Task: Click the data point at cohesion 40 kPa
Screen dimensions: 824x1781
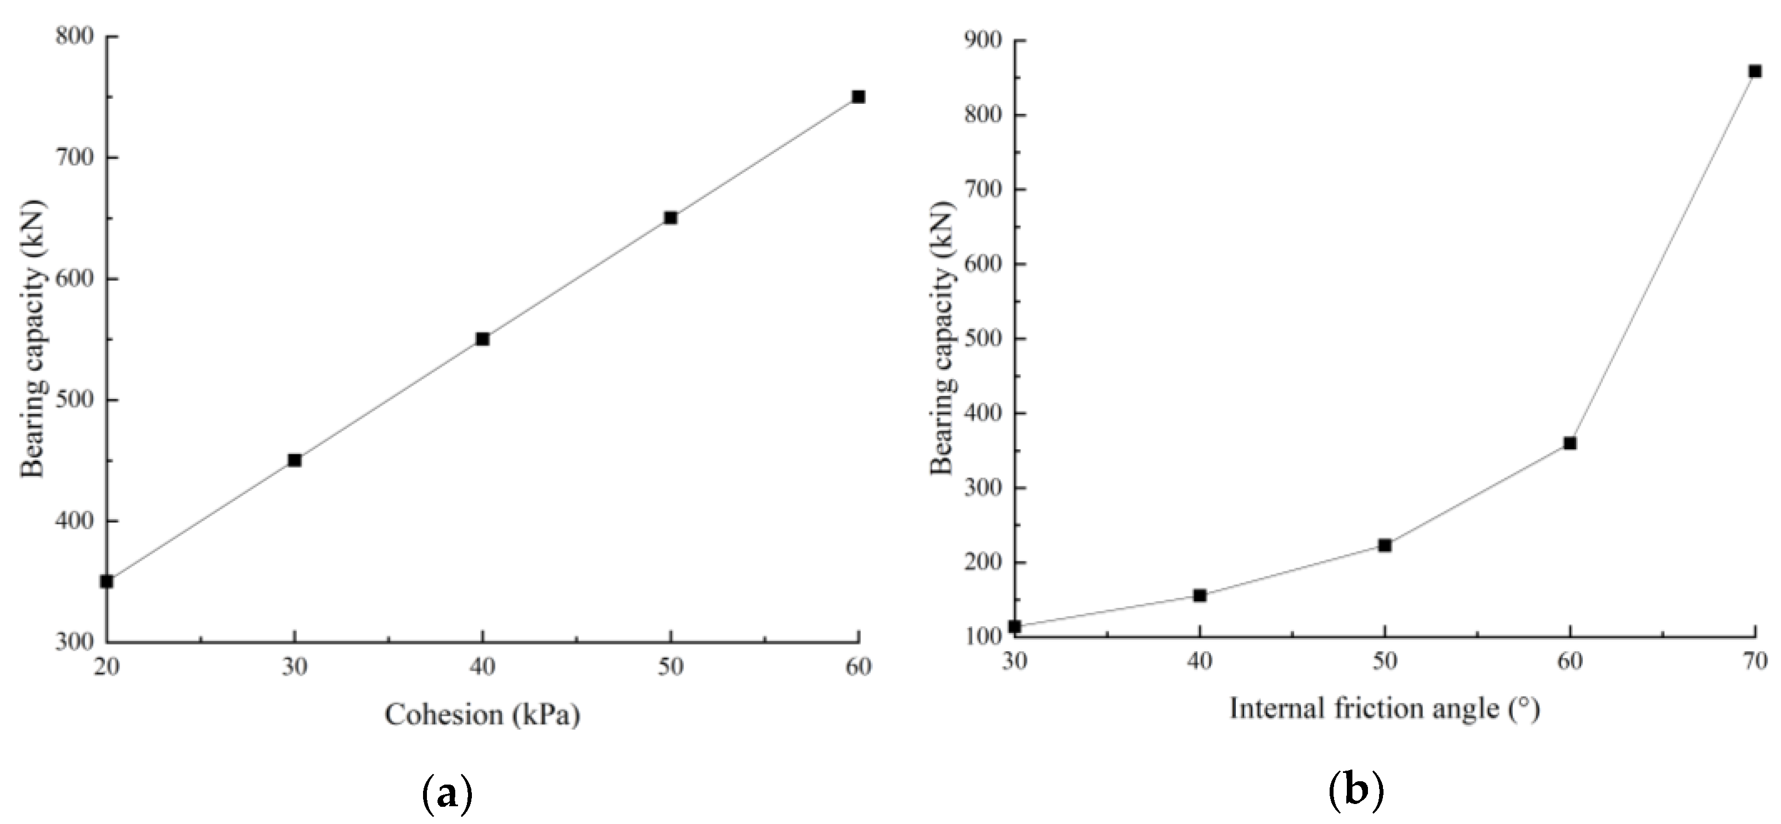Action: (482, 339)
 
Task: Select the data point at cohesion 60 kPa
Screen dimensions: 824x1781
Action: (858, 97)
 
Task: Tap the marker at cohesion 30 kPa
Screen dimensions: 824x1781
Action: (295, 460)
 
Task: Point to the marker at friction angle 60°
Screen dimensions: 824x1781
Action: (1570, 443)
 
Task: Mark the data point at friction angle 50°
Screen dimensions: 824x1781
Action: (1385, 545)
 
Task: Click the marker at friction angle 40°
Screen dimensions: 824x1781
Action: (1200, 595)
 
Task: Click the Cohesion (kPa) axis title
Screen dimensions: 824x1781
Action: (482, 715)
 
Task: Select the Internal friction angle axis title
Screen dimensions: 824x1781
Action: (1384, 709)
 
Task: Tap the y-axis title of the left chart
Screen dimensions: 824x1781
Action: (33, 338)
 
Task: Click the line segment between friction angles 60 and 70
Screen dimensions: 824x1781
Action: (1663, 257)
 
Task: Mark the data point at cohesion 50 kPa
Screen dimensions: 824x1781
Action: (670, 218)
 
